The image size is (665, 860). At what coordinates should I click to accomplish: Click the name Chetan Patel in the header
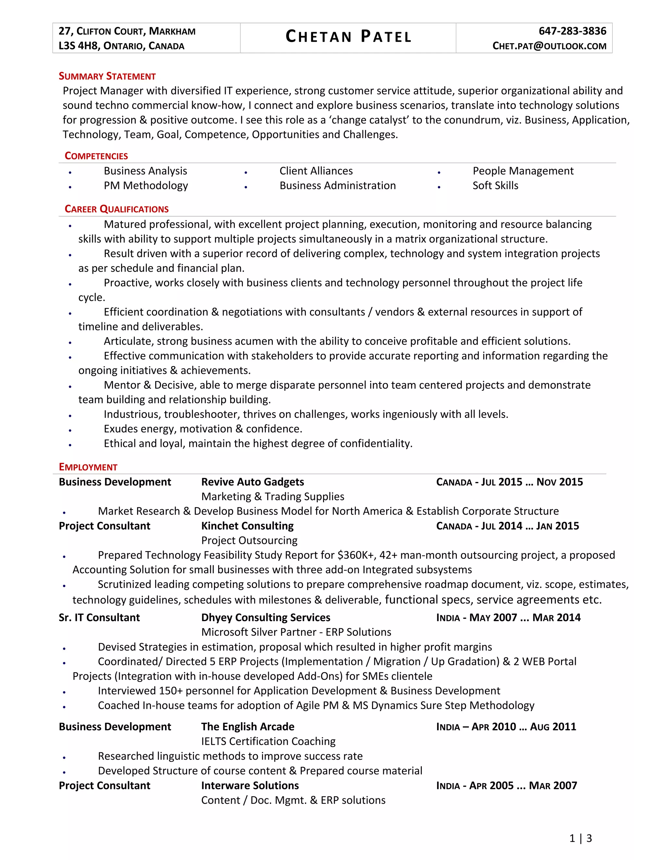pyautogui.click(x=348, y=37)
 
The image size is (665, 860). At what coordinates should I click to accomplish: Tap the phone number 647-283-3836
pyautogui.click(x=572, y=31)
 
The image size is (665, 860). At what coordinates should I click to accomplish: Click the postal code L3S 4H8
pyautogui.click(x=79, y=46)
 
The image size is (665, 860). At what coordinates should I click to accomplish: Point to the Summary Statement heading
pyautogui.click(x=107, y=76)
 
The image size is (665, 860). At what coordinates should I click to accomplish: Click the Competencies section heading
pyautogui.click(x=96, y=156)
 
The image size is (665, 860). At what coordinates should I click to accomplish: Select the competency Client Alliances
pyautogui.click(x=316, y=171)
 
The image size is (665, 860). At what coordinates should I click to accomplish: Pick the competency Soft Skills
pyautogui.click(x=495, y=185)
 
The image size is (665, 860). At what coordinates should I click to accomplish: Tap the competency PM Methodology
pyautogui.click(x=146, y=185)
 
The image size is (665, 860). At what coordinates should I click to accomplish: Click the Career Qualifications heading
pyautogui.click(x=117, y=209)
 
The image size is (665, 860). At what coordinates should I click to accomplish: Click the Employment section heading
pyautogui.click(x=88, y=467)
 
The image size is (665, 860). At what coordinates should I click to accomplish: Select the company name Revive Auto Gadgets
pyautogui.click(x=253, y=482)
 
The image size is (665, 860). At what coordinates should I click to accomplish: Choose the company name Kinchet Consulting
pyautogui.click(x=247, y=526)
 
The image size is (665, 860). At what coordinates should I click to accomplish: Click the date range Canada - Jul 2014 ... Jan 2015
pyautogui.click(x=508, y=526)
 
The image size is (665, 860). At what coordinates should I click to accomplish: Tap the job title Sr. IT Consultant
pyautogui.click(x=99, y=618)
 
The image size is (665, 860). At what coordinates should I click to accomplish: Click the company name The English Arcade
pyautogui.click(x=248, y=727)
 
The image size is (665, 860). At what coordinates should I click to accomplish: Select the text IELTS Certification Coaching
pyautogui.click(x=268, y=741)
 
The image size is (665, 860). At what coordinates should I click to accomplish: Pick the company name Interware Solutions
pyautogui.click(x=250, y=786)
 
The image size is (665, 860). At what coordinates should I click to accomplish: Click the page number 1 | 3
pyautogui.click(x=580, y=838)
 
